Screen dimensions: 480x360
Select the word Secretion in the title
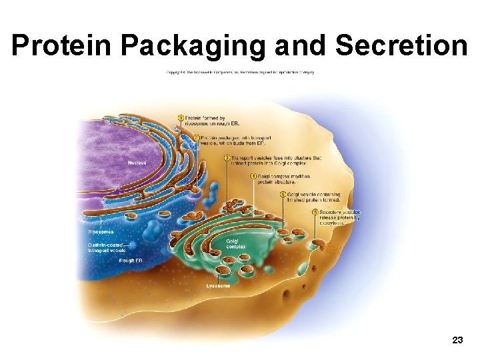pos(401,46)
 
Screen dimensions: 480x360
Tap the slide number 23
pos(457,340)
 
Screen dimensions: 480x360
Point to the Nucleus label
pos(138,163)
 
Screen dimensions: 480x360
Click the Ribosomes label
pos(101,231)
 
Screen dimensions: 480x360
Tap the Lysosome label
pos(218,285)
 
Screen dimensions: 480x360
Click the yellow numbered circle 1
pos(181,119)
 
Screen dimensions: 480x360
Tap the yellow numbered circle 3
pos(227,158)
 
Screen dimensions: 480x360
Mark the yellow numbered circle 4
pos(253,176)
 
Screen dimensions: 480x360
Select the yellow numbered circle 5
pos(283,195)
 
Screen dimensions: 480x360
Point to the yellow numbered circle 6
pos(314,213)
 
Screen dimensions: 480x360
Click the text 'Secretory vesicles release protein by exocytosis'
pos(339,217)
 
